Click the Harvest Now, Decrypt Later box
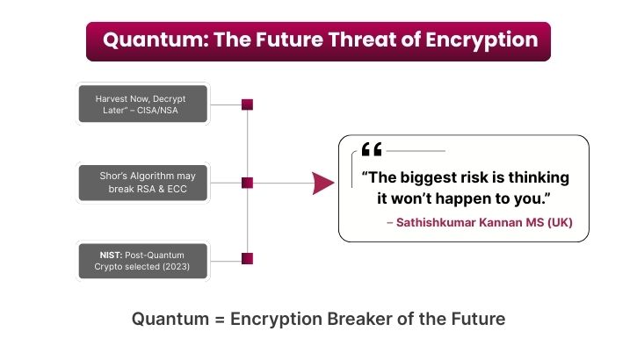click(144, 104)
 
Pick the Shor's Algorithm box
click(144, 183)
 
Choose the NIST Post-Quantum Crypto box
click(144, 259)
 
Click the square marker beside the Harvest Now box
click(247, 104)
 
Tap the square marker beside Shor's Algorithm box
click(247, 183)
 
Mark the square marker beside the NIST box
click(247, 258)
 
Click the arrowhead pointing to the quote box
click(323, 183)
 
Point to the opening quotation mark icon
click(372, 150)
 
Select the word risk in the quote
click(481, 177)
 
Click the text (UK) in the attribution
click(560, 223)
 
